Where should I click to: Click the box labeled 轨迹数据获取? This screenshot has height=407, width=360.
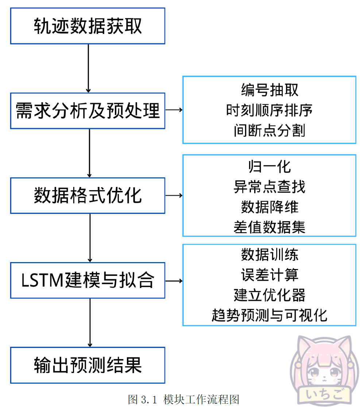(x=88, y=26)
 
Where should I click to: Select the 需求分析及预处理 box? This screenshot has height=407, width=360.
(x=88, y=111)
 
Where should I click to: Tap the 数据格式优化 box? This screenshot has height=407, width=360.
(x=88, y=195)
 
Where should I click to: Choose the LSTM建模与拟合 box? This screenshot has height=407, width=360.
(x=88, y=280)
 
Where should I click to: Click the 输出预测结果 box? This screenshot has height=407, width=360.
(x=88, y=365)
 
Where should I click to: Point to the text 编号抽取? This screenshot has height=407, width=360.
(x=269, y=89)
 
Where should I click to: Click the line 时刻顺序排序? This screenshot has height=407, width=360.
(x=269, y=110)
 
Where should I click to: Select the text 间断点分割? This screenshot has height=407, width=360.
(x=269, y=130)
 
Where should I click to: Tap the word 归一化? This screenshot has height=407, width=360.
(x=269, y=166)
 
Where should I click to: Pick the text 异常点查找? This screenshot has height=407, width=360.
(x=269, y=187)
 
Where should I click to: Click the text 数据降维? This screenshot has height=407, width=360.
(x=269, y=207)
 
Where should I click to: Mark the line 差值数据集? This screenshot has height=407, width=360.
(x=269, y=227)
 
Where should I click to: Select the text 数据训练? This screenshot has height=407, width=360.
(x=269, y=254)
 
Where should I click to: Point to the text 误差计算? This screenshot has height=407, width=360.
(x=269, y=275)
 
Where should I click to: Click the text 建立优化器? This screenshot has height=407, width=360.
(x=269, y=295)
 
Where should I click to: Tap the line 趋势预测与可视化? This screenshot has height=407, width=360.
(x=269, y=315)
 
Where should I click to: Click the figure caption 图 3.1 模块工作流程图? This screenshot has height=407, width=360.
(x=183, y=399)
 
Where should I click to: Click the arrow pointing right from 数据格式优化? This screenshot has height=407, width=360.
(x=174, y=196)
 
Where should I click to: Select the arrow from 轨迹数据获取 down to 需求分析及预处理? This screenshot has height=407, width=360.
(x=88, y=68)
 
